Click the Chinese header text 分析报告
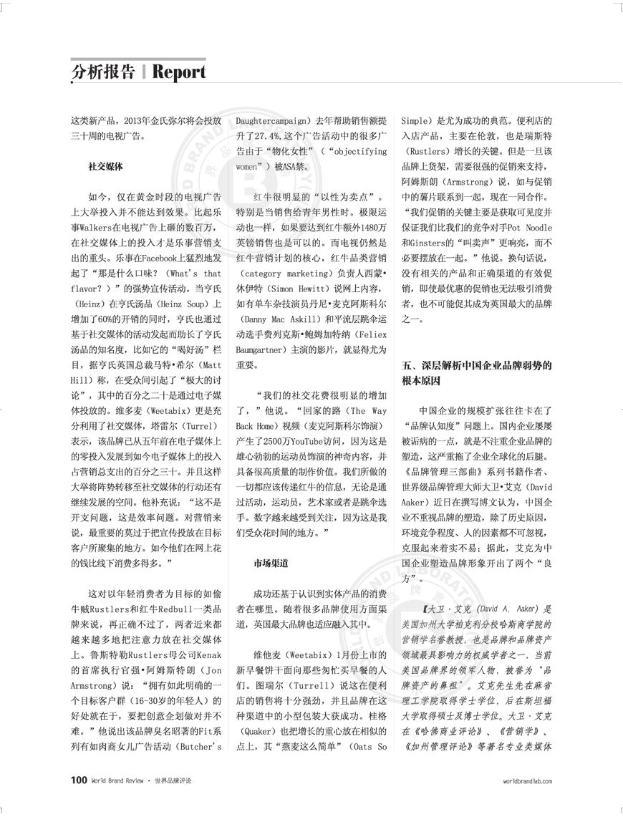pyautogui.click(x=103, y=72)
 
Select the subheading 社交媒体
pyautogui.click(x=105, y=165)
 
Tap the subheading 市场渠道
pyautogui.click(x=271, y=564)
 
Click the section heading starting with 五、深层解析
pyautogui.click(x=475, y=366)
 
